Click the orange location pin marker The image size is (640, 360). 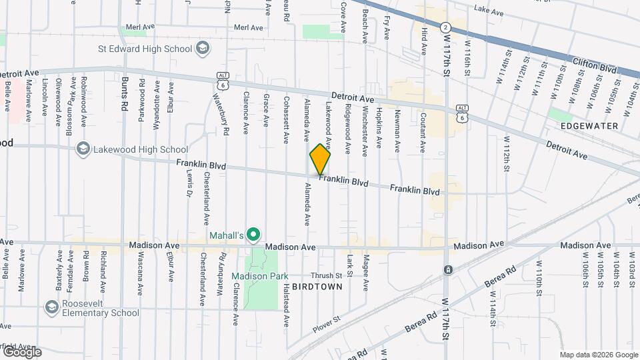tap(321, 159)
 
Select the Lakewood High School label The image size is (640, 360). tap(132, 149)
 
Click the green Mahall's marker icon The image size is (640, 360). tap(253, 235)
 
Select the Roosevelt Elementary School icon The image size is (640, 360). tap(51, 307)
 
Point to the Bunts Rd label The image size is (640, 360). tap(125, 93)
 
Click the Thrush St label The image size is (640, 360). tap(326, 275)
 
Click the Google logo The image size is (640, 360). tap(21, 352)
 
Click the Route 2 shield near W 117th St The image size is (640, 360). tap(445, 27)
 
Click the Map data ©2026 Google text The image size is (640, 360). tap(599, 354)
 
